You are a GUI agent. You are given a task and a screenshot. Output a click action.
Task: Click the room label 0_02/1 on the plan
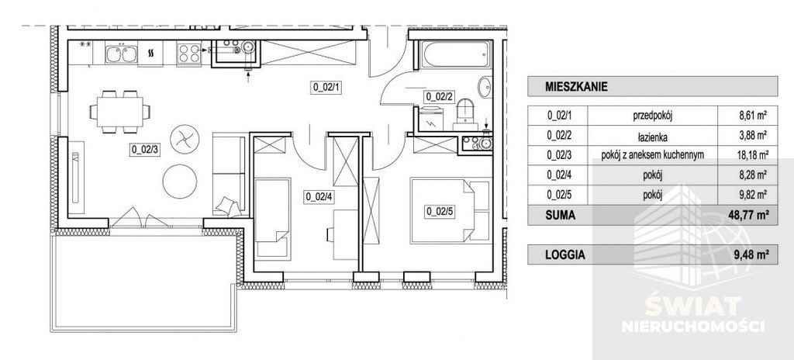(x=325, y=87)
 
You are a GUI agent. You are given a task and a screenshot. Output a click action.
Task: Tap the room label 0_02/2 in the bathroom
(x=439, y=96)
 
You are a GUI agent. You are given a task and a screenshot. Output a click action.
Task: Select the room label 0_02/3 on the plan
(x=145, y=150)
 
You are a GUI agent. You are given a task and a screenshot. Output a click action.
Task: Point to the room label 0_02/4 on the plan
(x=319, y=197)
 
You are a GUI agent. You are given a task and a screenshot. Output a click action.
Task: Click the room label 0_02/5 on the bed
(x=440, y=212)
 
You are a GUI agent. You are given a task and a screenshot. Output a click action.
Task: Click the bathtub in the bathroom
(x=456, y=54)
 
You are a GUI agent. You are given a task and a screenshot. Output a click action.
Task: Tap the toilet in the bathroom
(x=465, y=115)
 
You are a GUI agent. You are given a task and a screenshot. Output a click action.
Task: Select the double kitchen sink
(x=121, y=54)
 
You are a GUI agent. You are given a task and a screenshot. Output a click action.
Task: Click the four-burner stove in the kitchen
(x=189, y=54)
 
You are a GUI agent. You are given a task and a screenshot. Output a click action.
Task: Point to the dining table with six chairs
(x=120, y=112)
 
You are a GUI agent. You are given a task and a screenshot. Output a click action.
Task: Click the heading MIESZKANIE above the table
(x=576, y=86)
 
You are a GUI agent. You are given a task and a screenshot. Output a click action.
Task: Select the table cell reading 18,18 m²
(x=751, y=155)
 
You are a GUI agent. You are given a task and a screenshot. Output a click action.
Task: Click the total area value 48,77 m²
(x=745, y=214)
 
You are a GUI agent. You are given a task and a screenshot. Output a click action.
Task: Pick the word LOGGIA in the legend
(x=565, y=255)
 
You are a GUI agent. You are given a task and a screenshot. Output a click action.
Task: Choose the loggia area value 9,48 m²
(x=748, y=255)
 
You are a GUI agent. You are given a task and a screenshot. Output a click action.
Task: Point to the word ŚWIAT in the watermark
(x=693, y=306)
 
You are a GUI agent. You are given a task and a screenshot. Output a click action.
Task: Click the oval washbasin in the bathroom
(x=485, y=88)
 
